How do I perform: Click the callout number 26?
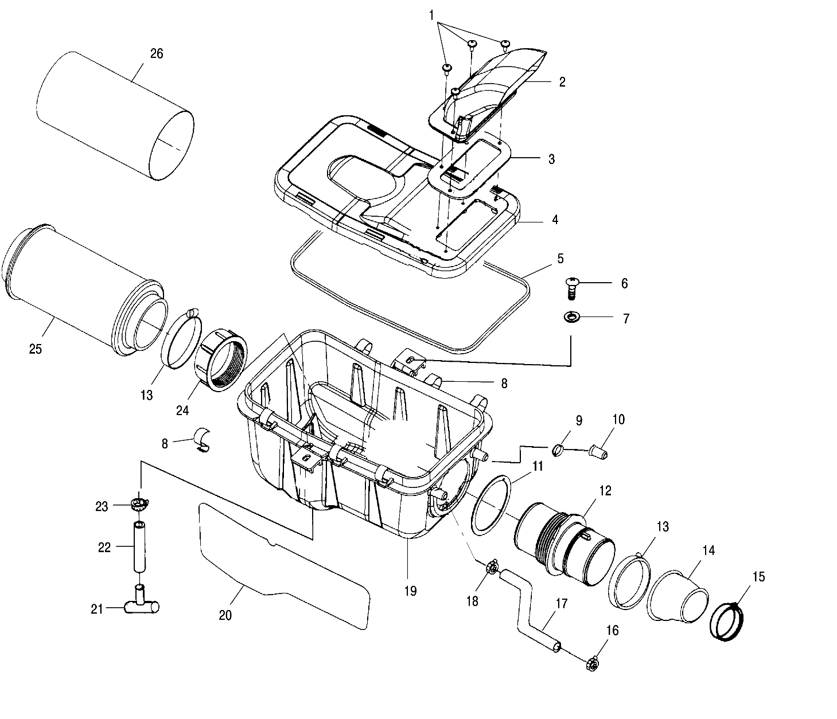(x=157, y=53)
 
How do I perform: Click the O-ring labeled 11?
(x=491, y=504)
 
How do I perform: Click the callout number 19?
(x=410, y=591)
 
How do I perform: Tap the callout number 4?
(x=554, y=220)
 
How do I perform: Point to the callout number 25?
(x=36, y=349)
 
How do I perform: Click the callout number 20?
(x=225, y=615)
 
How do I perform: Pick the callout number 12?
(x=605, y=491)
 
